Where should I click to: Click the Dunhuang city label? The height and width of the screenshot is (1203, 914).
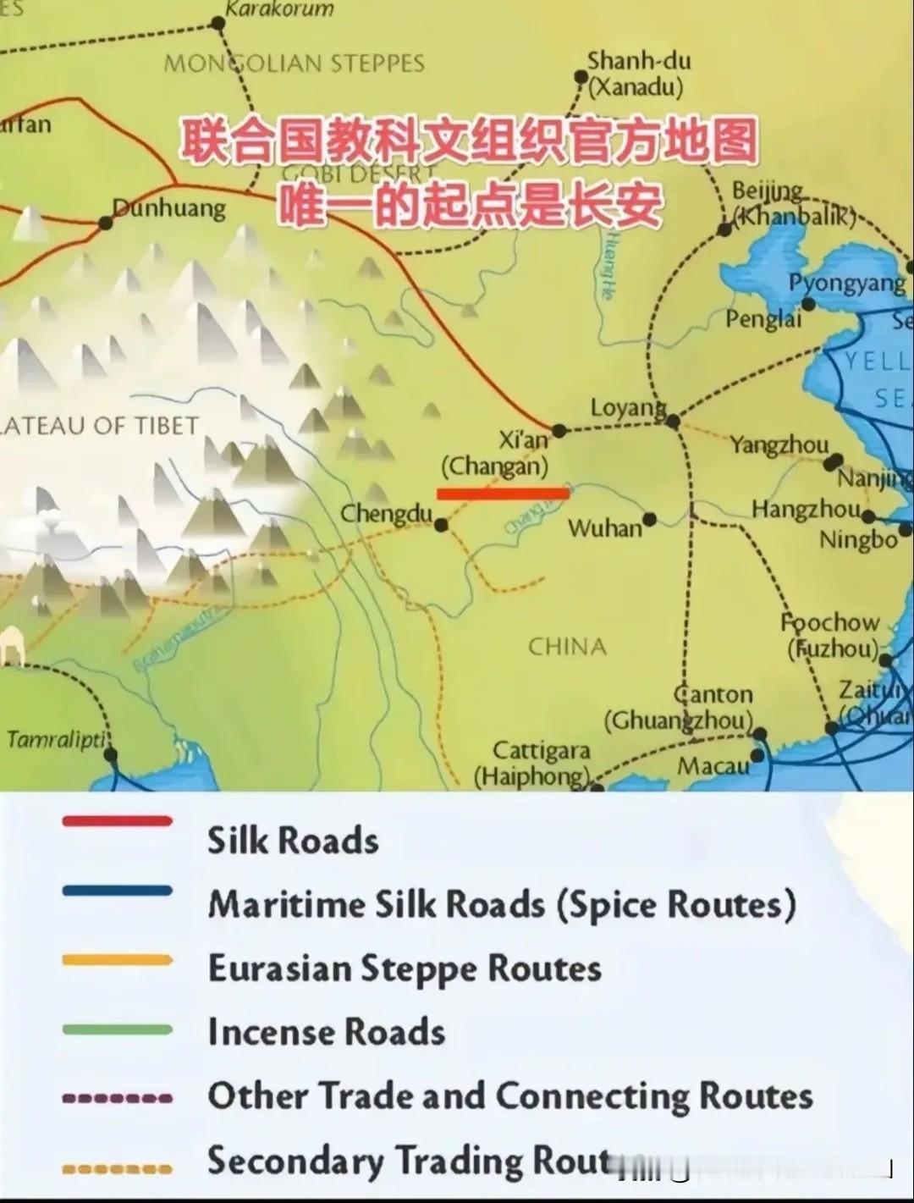(x=169, y=208)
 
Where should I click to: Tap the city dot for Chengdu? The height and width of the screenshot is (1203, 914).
(x=441, y=526)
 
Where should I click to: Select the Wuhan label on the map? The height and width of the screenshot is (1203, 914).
(x=604, y=529)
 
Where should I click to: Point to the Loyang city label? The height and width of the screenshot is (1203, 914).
(x=627, y=409)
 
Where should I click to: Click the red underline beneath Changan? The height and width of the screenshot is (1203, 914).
(x=503, y=493)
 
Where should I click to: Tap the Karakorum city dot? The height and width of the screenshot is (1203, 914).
(x=217, y=24)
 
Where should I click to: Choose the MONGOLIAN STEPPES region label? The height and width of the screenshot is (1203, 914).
(x=294, y=63)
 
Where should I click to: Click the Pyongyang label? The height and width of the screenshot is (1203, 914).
(x=846, y=283)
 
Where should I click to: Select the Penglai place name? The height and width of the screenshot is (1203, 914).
(x=763, y=319)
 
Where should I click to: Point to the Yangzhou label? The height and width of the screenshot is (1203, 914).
(x=779, y=444)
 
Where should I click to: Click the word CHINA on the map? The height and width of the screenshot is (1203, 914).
(x=567, y=647)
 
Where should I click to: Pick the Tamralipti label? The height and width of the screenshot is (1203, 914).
(x=56, y=740)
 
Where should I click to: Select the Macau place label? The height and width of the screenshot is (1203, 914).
(x=713, y=766)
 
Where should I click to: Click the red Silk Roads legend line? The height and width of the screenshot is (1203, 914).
(x=117, y=821)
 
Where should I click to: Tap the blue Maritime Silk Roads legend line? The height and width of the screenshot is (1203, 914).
(x=117, y=891)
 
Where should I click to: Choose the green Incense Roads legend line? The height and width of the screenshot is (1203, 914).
(x=117, y=1030)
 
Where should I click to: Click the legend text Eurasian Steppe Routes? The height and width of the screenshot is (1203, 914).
(x=405, y=968)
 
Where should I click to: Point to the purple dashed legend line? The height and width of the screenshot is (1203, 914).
(x=117, y=1098)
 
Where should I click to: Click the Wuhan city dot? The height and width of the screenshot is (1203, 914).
(x=649, y=519)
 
